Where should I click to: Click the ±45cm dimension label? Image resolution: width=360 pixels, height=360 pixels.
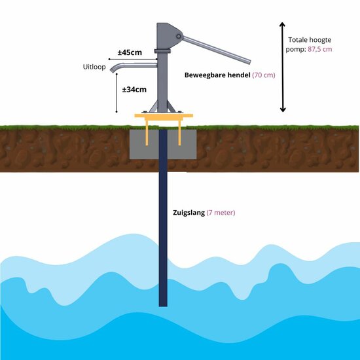(130, 52)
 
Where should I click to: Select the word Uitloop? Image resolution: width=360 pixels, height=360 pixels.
(94, 67)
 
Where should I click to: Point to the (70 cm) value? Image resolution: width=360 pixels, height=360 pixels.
(264, 75)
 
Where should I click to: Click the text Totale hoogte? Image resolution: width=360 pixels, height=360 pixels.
(310, 39)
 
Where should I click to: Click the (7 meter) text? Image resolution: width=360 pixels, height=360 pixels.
(221, 213)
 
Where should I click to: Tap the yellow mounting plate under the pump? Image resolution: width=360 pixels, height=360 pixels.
(164, 117)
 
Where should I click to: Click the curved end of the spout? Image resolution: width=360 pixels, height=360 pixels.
(113, 69)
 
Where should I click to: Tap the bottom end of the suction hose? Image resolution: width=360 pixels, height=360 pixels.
(163, 302)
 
